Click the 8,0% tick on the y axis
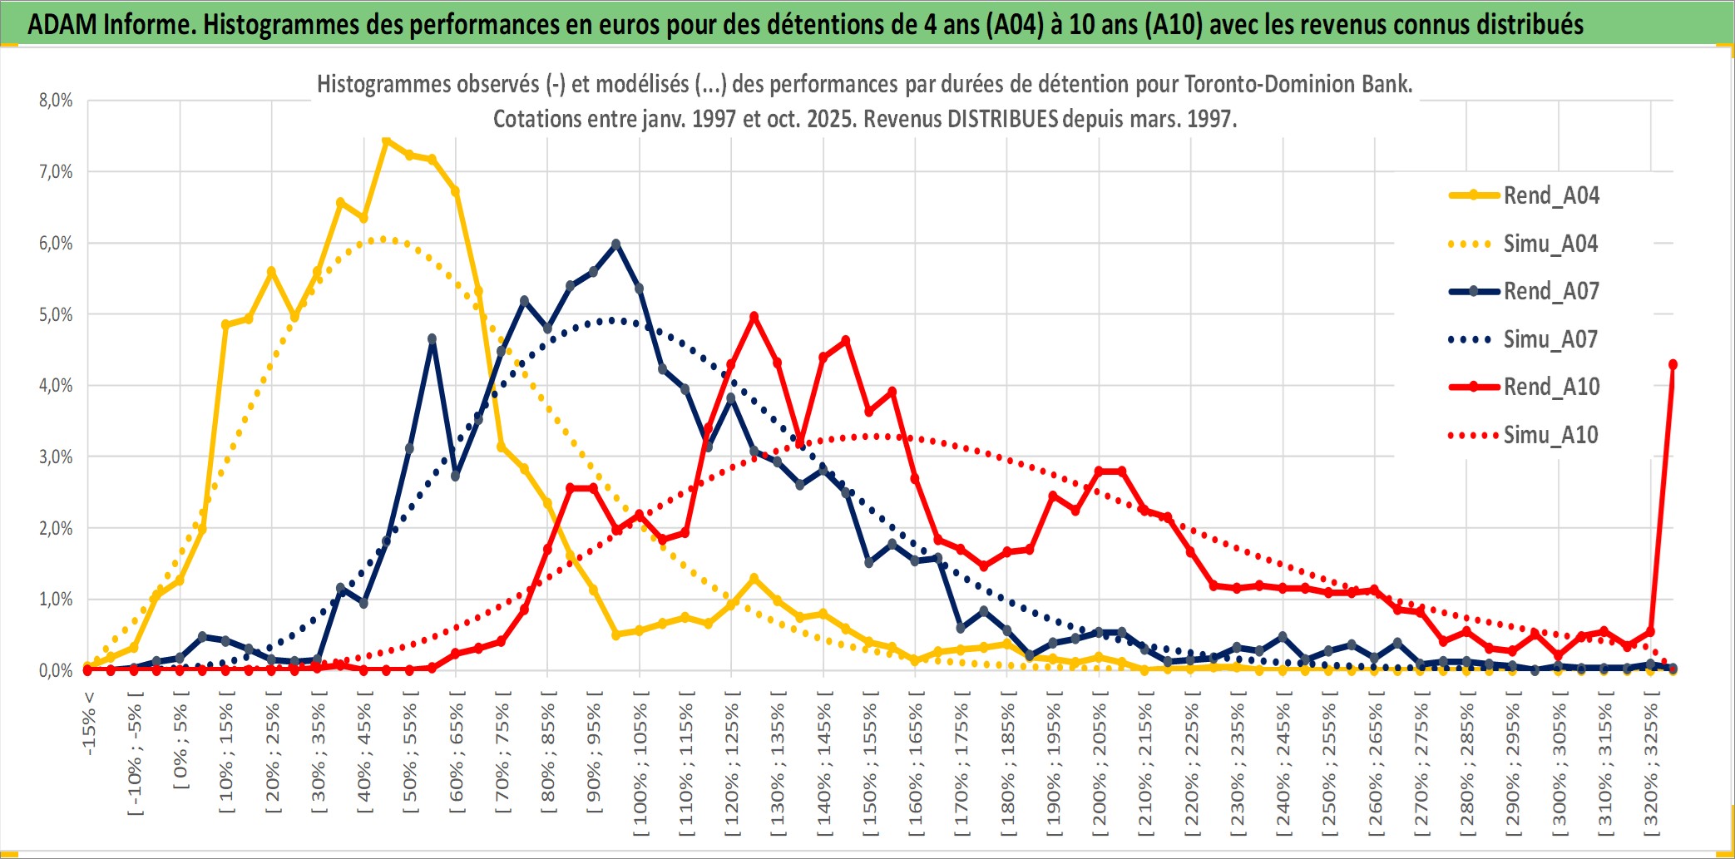click(56, 101)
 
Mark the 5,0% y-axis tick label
click(56, 314)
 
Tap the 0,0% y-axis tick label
click(56, 670)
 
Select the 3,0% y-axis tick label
click(56, 457)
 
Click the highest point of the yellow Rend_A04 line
click(386, 141)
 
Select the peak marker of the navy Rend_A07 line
click(616, 244)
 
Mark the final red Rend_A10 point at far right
click(1673, 364)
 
